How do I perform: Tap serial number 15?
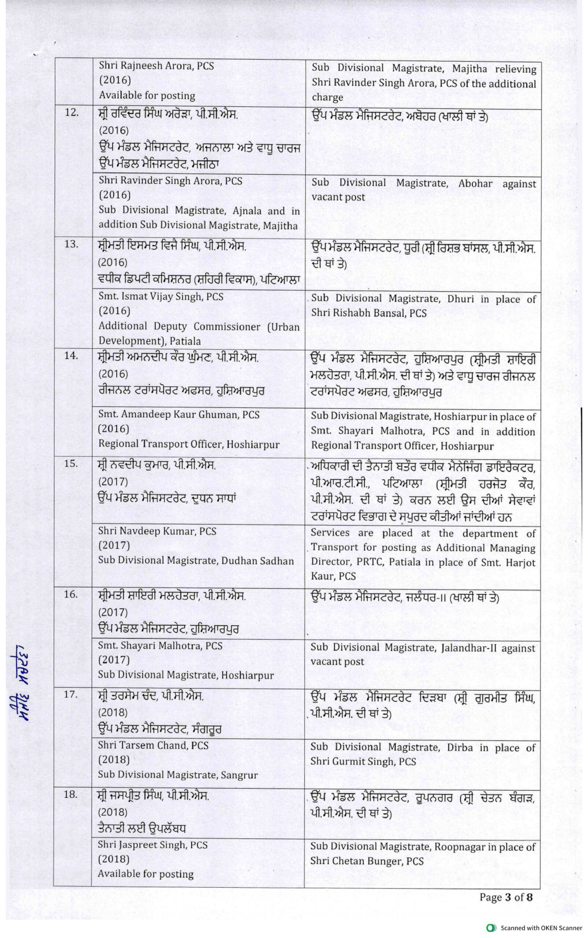71,463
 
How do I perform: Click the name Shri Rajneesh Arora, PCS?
156,66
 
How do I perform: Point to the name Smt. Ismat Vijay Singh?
160,297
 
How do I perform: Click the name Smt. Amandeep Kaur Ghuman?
178,414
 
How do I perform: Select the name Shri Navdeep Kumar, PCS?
157,531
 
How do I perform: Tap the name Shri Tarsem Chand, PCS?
153,746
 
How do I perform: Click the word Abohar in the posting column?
475,184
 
